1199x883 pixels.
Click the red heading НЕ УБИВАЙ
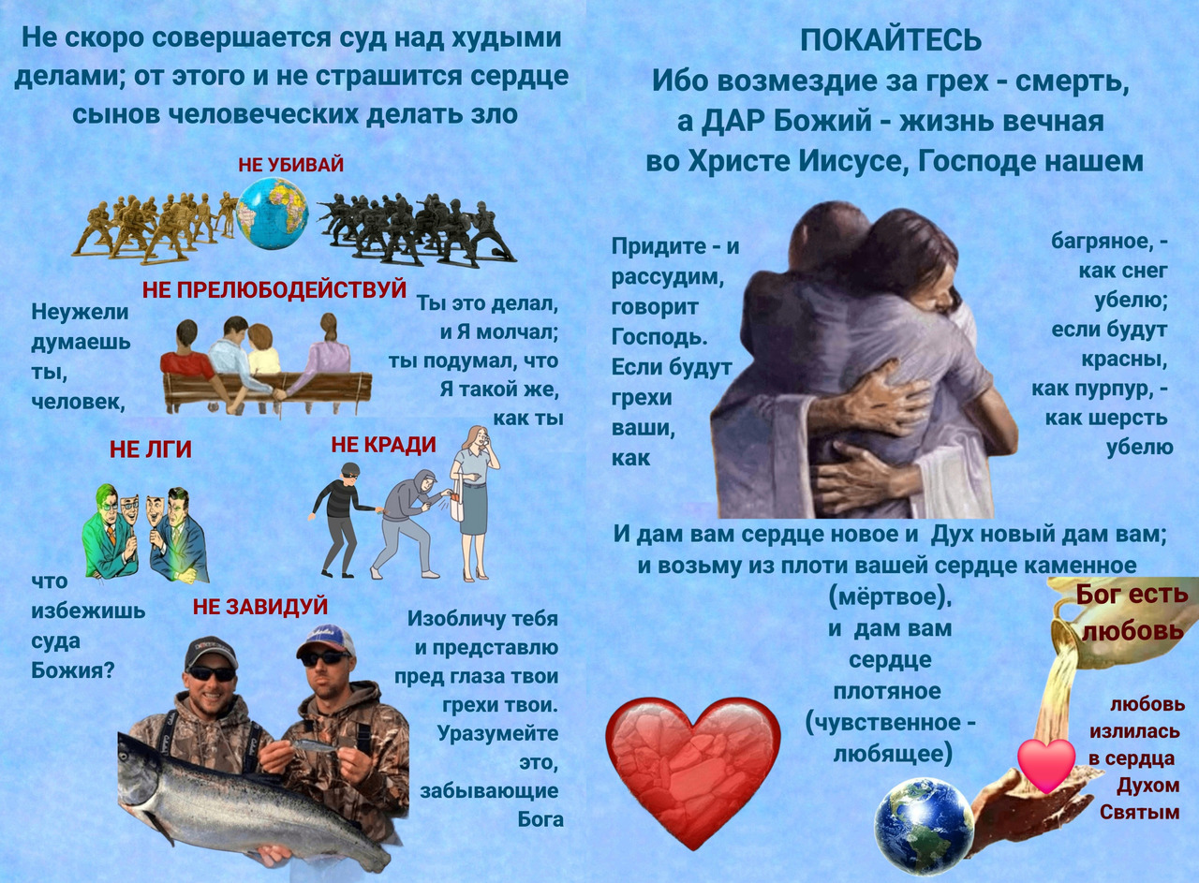[290, 165]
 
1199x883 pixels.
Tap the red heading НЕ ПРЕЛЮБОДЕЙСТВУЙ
[274, 290]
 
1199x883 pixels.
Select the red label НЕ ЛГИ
[151, 449]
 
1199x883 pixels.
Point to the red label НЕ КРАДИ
[383, 445]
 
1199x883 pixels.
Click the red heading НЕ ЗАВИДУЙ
[260, 607]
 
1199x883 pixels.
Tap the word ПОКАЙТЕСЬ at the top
[891, 40]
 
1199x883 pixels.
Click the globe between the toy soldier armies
[272, 213]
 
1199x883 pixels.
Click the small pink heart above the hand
[1046, 765]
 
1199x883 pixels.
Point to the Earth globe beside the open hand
[925, 827]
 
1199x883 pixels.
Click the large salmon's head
[141, 760]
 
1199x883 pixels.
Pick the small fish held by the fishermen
[313, 745]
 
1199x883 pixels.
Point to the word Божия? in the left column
[73, 670]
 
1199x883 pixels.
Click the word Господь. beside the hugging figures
[659, 337]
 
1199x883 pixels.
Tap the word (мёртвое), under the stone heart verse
[890, 597]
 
